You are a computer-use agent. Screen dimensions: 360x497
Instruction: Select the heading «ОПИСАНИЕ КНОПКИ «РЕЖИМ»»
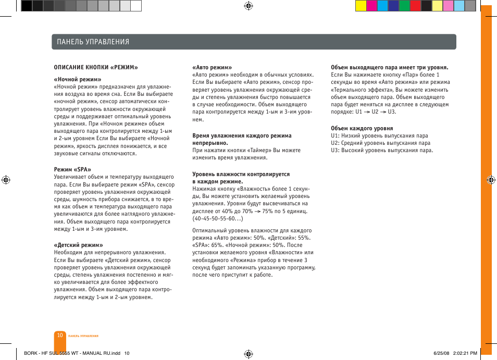(96, 67)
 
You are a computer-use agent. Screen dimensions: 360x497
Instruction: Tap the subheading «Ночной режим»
(78, 80)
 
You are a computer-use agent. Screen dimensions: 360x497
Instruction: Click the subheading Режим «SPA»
(72, 169)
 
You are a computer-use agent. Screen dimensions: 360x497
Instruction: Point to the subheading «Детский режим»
(78, 245)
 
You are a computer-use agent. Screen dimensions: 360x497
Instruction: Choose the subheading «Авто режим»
(212, 67)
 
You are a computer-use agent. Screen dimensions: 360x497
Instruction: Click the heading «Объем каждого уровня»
(362, 128)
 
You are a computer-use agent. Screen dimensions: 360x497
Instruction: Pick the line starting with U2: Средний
(380, 143)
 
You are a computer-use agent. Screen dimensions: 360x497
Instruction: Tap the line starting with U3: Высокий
(382, 151)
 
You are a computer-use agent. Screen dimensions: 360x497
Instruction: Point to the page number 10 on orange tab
(60, 336)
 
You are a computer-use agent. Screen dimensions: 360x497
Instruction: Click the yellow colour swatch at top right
(360, 6)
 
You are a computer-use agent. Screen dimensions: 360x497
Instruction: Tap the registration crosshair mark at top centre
(249, 6)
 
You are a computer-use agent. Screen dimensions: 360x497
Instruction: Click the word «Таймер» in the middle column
(259, 150)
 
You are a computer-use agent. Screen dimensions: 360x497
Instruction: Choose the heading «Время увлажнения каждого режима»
(242, 135)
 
